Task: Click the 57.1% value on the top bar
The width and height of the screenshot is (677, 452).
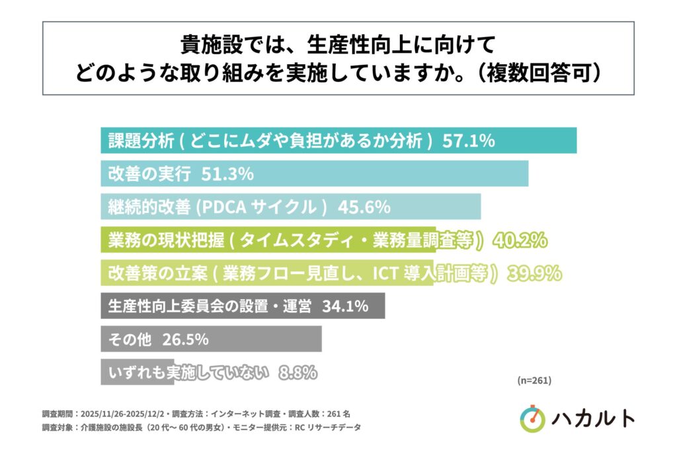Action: pos(468,140)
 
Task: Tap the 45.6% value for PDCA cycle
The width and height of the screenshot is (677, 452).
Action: pos(364,207)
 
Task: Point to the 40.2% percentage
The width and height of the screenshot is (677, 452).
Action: pos(520,240)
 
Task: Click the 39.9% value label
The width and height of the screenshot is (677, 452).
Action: pos(534,273)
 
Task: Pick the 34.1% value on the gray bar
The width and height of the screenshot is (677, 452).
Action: pos(344,306)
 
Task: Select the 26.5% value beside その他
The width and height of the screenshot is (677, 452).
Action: pos(185,339)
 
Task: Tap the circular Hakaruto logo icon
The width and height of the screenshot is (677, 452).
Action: pos(533,419)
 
